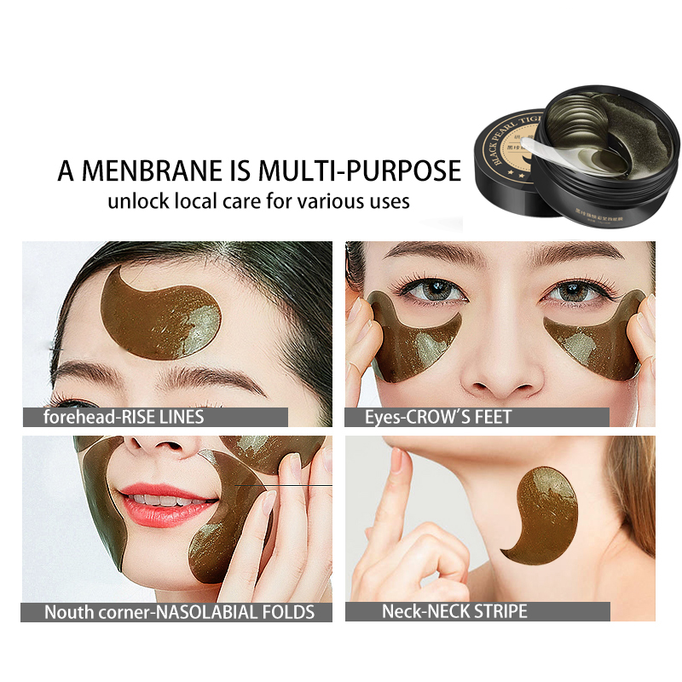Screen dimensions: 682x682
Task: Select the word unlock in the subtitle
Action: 135,202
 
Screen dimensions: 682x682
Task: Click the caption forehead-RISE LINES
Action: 124,418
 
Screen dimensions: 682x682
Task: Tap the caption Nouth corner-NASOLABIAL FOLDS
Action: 179,611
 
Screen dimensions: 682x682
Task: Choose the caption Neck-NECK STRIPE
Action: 454,611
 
